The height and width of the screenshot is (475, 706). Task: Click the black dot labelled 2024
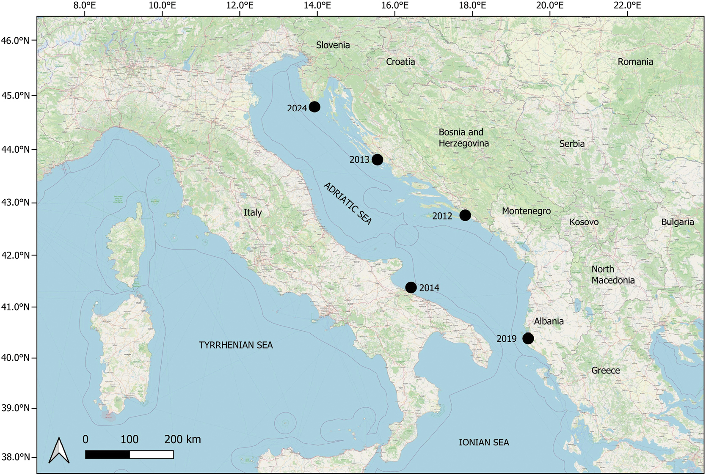[314, 107]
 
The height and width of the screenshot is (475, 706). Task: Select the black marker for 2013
[377, 159]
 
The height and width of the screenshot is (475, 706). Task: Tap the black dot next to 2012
[465, 215]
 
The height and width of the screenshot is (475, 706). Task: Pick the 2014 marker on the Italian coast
[411, 288]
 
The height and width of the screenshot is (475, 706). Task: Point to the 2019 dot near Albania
[528, 338]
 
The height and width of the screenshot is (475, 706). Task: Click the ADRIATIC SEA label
[347, 203]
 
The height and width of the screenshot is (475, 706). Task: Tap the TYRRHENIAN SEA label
[236, 345]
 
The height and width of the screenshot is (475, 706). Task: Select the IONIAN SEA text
[484, 442]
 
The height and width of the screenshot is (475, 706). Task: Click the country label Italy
[253, 212]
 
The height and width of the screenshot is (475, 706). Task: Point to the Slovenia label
[333, 45]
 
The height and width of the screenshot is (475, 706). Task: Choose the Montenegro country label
[526, 211]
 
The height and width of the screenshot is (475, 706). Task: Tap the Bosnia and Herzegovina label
[463, 138]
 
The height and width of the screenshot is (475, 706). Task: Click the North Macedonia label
[613, 275]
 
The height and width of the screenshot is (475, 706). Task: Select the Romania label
[635, 62]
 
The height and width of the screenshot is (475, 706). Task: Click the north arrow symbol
[59, 450]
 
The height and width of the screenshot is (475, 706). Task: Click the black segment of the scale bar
[108, 455]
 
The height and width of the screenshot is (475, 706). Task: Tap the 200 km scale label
[182, 439]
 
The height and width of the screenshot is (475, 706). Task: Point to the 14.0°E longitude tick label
[317, 5]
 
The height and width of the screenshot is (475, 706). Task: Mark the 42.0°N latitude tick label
[16, 255]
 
